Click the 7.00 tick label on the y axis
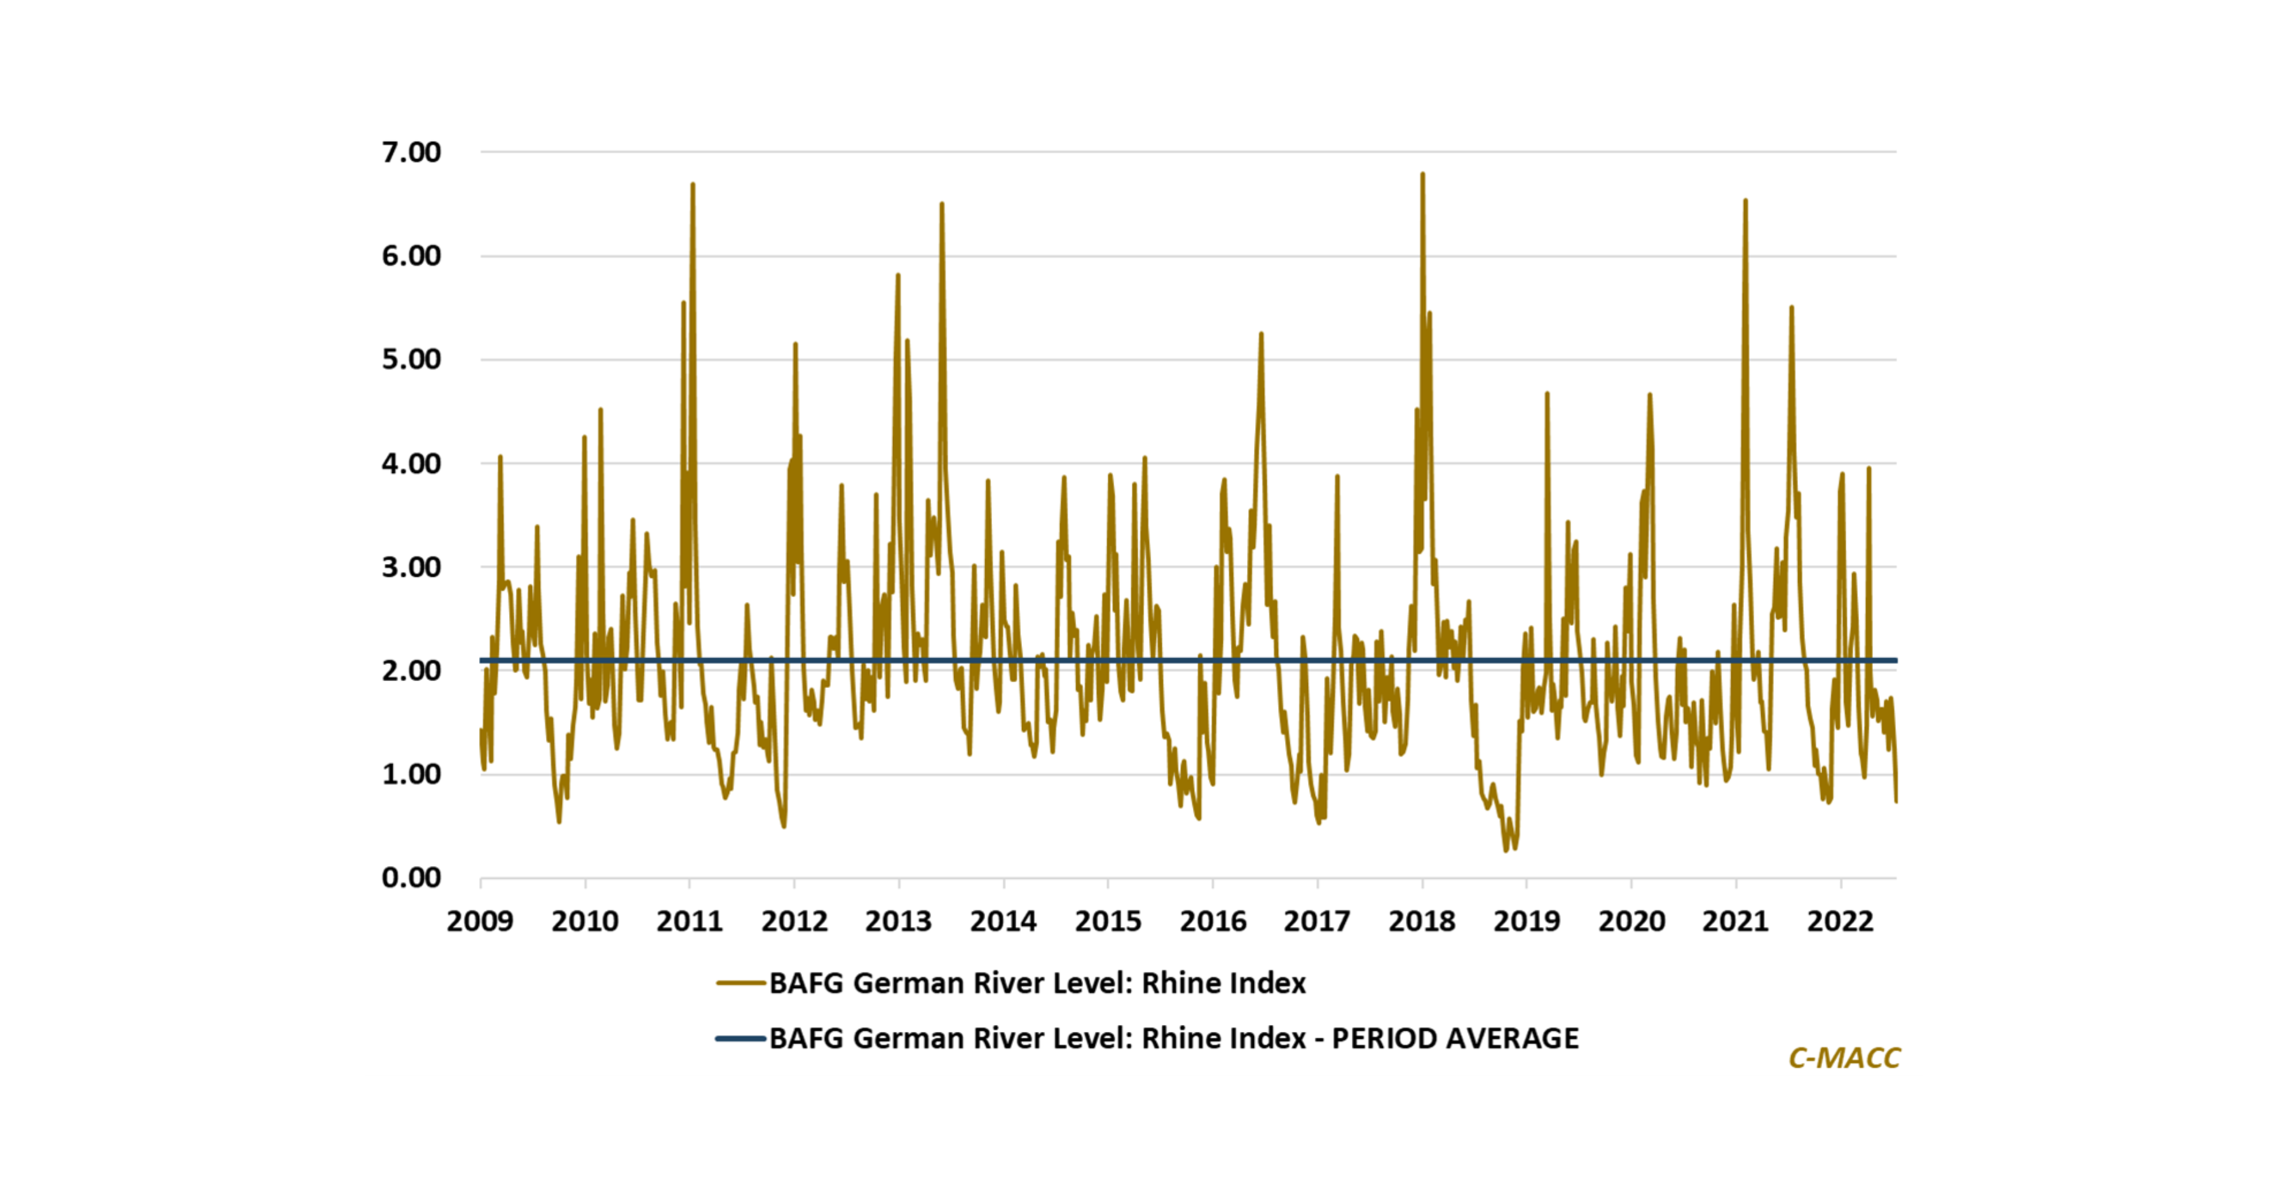tap(411, 153)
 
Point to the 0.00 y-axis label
tap(411, 878)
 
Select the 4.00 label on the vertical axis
tap(411, 464)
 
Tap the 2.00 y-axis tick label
tap(411, 671)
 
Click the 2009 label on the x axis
tap(480, 921)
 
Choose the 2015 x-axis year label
tap(1108, 921)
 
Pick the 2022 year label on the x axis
tap(1839, 921)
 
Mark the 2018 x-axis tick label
tap(1421, 921)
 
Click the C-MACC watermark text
tap(1844, 1057)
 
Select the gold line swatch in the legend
tap(741, 983)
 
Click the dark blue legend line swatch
tap(741, 1038)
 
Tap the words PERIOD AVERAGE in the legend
tap(1455, 1038)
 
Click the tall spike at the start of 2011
tap(693, 185)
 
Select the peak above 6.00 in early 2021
tap(1745, 201)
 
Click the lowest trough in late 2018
tap(1506, 850)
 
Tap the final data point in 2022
tap(1895, 801)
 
